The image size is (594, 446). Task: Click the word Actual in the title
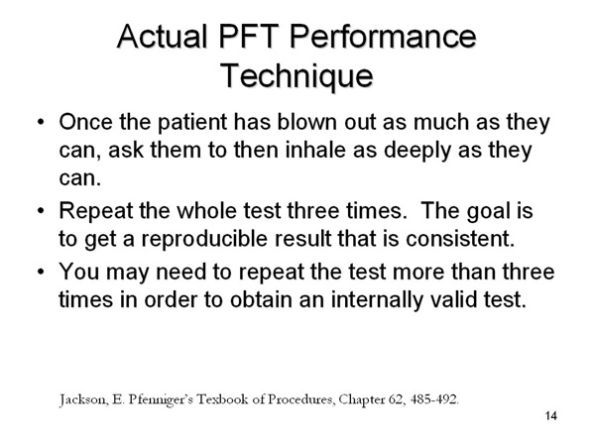click(x=163, y=37)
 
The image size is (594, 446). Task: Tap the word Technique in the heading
click(x=297, y=75)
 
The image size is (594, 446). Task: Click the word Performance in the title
click(x=383, y=37)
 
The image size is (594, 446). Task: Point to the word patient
click(x=192, y=123)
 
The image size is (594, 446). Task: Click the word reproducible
click(x=204, y=239)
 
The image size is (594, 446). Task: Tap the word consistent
click(x=460, y=239)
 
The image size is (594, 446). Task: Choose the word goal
click(x=488, y=211)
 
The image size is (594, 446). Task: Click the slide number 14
click(x=551, y=416)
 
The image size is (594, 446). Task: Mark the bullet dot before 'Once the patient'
click(x=41, y=122)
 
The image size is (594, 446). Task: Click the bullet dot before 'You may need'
click(x=41, y=272)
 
